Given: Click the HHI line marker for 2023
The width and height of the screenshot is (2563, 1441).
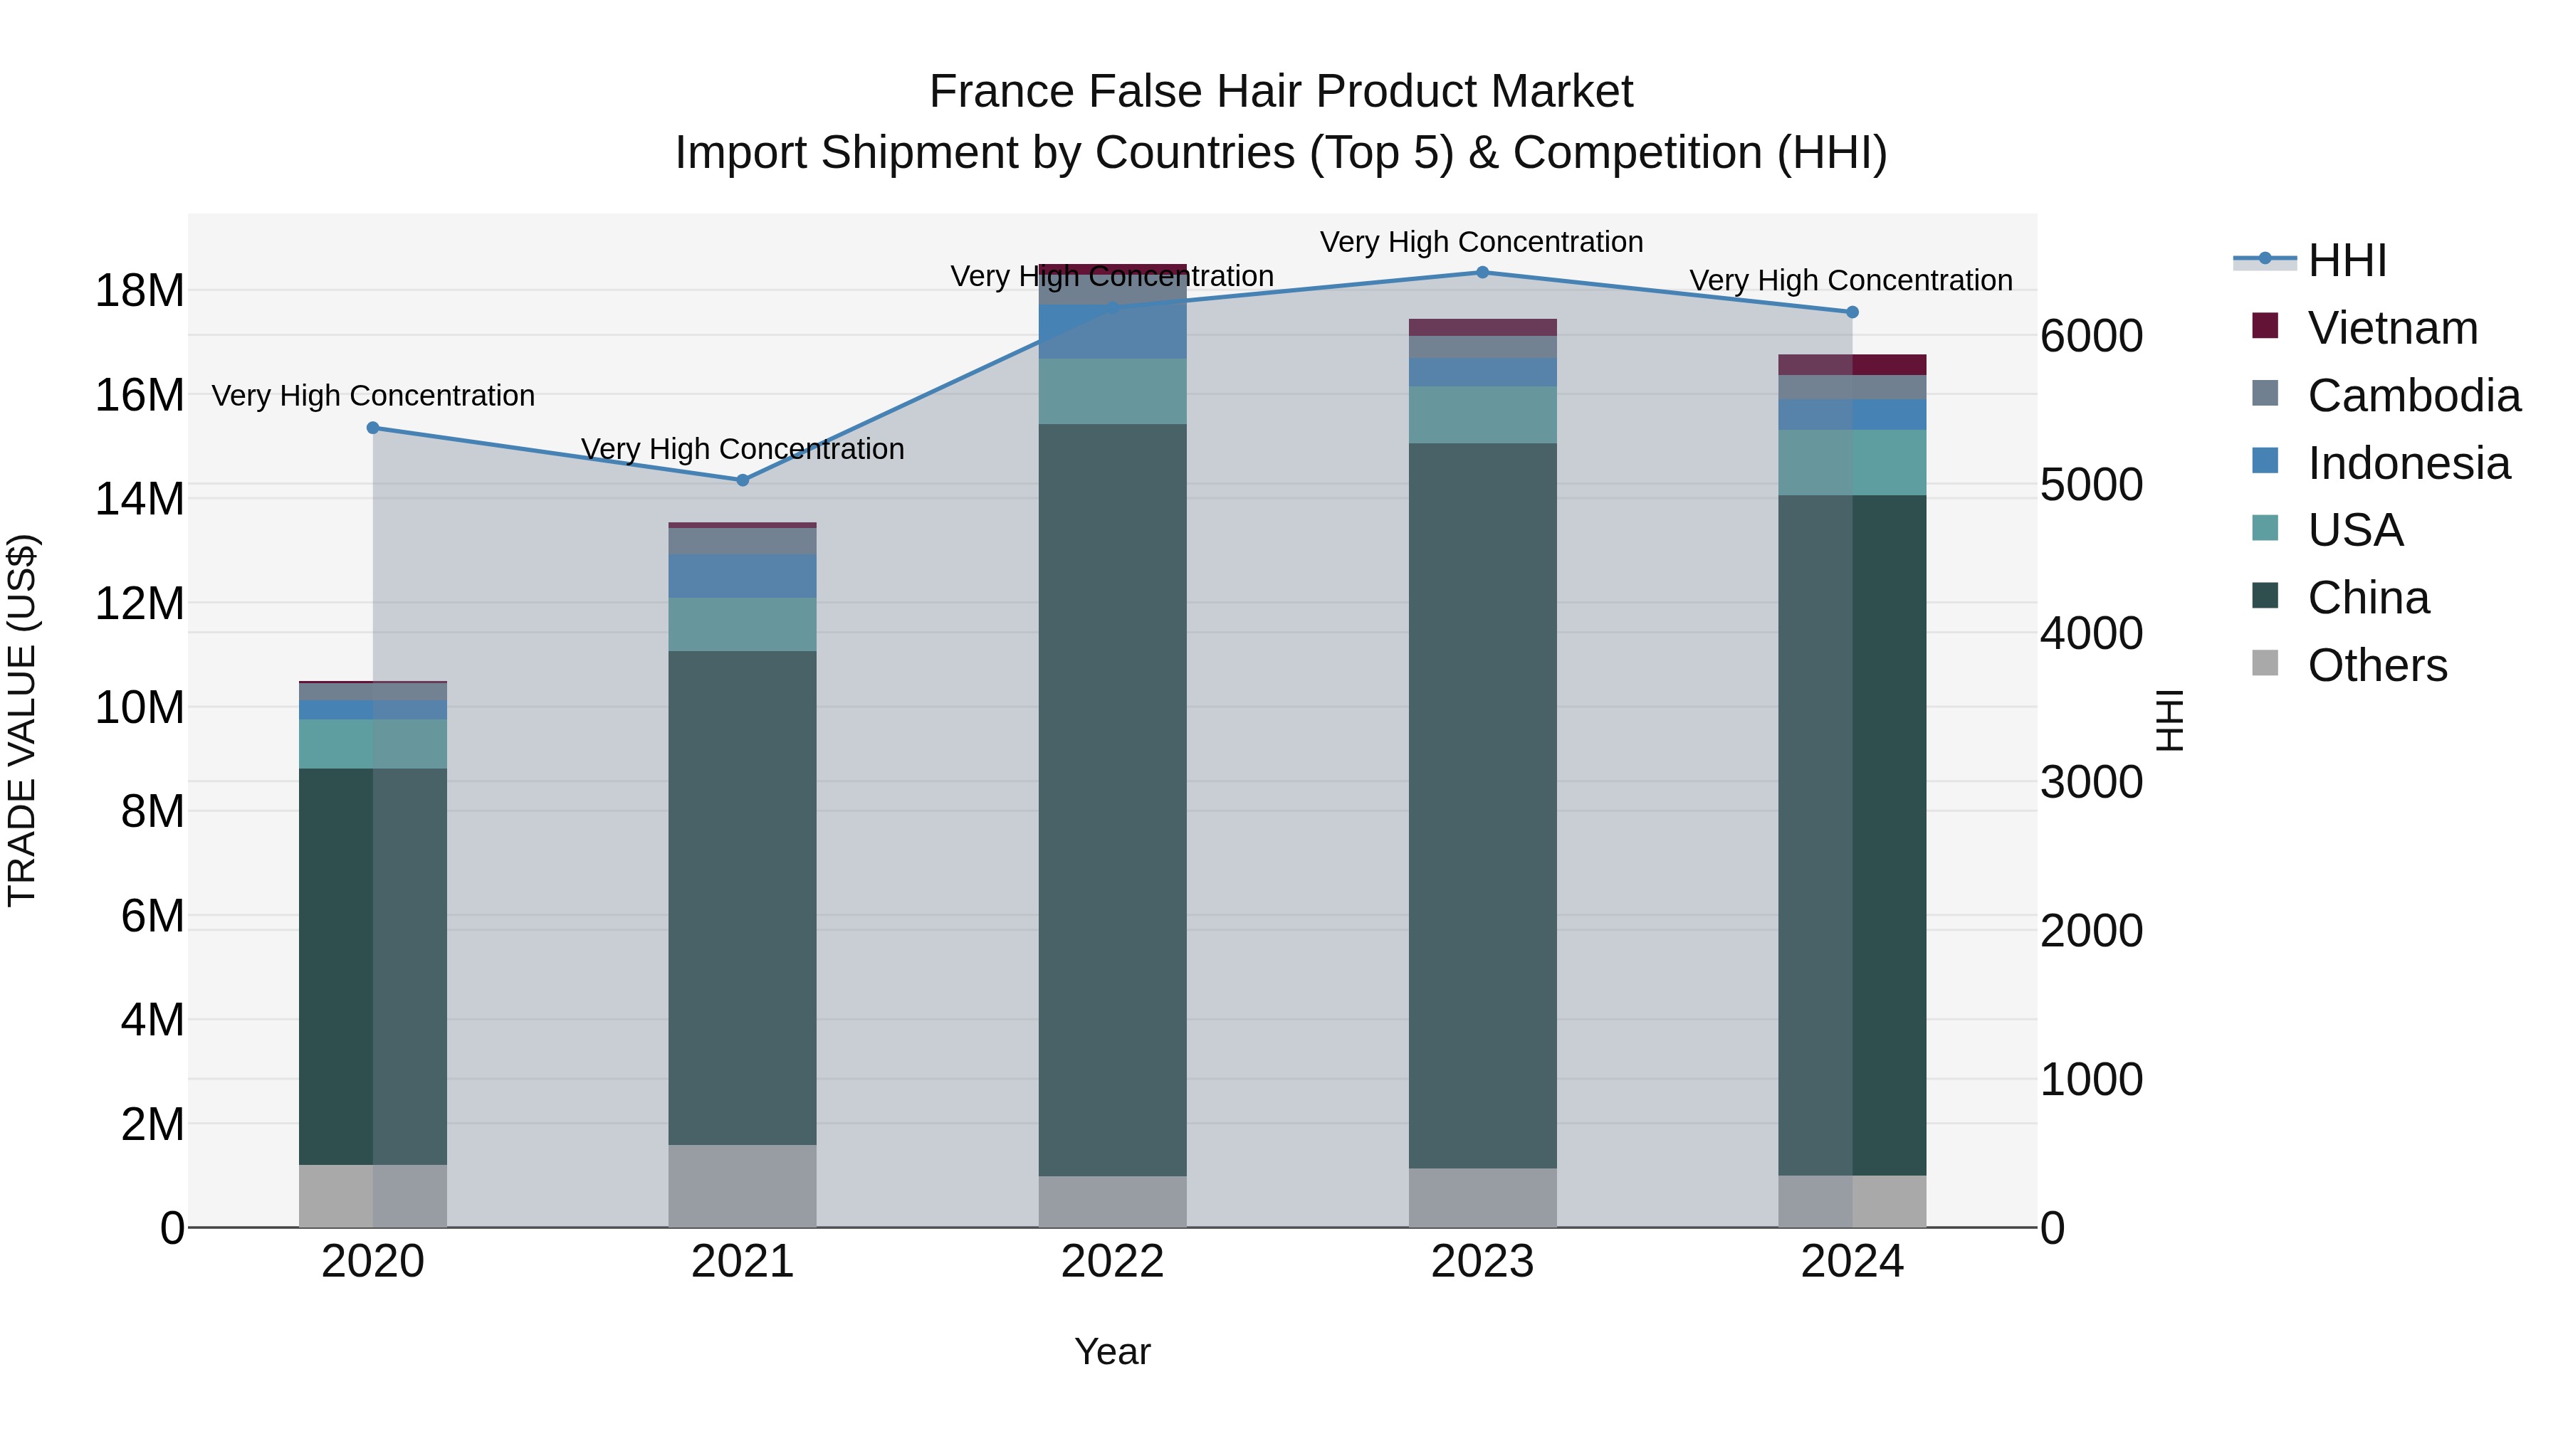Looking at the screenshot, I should [x=1482, y=273].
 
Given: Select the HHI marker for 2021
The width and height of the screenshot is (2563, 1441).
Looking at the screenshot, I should [x=743, y=480].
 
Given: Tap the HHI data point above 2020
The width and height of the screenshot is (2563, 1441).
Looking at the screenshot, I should [x=373, y=428].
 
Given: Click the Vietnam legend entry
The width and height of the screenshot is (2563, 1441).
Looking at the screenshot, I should [x=2392, y=328].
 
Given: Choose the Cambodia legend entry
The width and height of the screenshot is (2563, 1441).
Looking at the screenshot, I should [x=2413, y=396].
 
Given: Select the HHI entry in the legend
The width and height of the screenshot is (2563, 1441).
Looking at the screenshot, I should [x=2346, y=260].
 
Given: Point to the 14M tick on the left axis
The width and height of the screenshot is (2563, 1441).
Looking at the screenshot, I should [x=140, y=498].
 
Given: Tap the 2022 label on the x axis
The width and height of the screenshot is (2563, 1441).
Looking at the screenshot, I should [x=1112, y=1262].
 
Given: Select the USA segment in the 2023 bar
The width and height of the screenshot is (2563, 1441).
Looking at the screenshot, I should [x=1482, y=415].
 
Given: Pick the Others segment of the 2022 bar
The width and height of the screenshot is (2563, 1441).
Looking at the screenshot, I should [x=1112, y=1201].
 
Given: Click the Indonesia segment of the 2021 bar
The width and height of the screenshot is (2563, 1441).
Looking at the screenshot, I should [x=743, y=576].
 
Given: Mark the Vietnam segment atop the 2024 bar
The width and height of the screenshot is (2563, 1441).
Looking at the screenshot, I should [x=1852, y=364].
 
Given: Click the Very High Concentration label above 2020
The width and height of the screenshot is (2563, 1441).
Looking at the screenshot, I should [x=373, y=396].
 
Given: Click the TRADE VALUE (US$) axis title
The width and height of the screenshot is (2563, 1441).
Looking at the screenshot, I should [x=22, y=720].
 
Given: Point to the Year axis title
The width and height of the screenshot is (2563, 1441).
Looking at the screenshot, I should [x=1112, y=1351].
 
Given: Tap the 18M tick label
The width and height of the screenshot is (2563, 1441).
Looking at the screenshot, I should [x=140, y=291].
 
